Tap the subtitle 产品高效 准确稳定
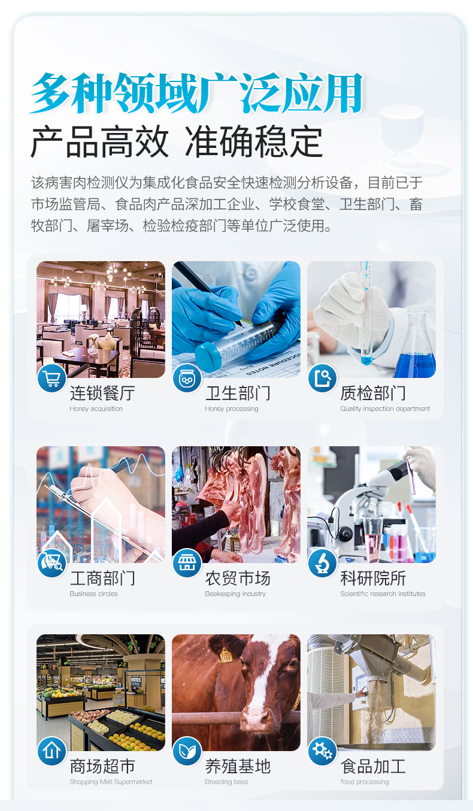pos(177,143)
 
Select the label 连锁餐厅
pos(102,394)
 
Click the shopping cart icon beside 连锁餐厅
pos(52,379)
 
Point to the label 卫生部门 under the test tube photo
pos(238,394)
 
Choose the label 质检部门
pos(373,394)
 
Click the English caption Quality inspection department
pos(385,409)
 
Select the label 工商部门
pos(102,579)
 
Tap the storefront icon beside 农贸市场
pos(187,564)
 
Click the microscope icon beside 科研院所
pos(323,564)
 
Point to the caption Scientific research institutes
pos(383,594)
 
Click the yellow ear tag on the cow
pos(226,655)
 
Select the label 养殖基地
pos(238,767)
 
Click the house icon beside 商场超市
pos(52,752)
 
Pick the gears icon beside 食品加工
pos(323,752)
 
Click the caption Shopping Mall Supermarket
pos(111,782)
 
